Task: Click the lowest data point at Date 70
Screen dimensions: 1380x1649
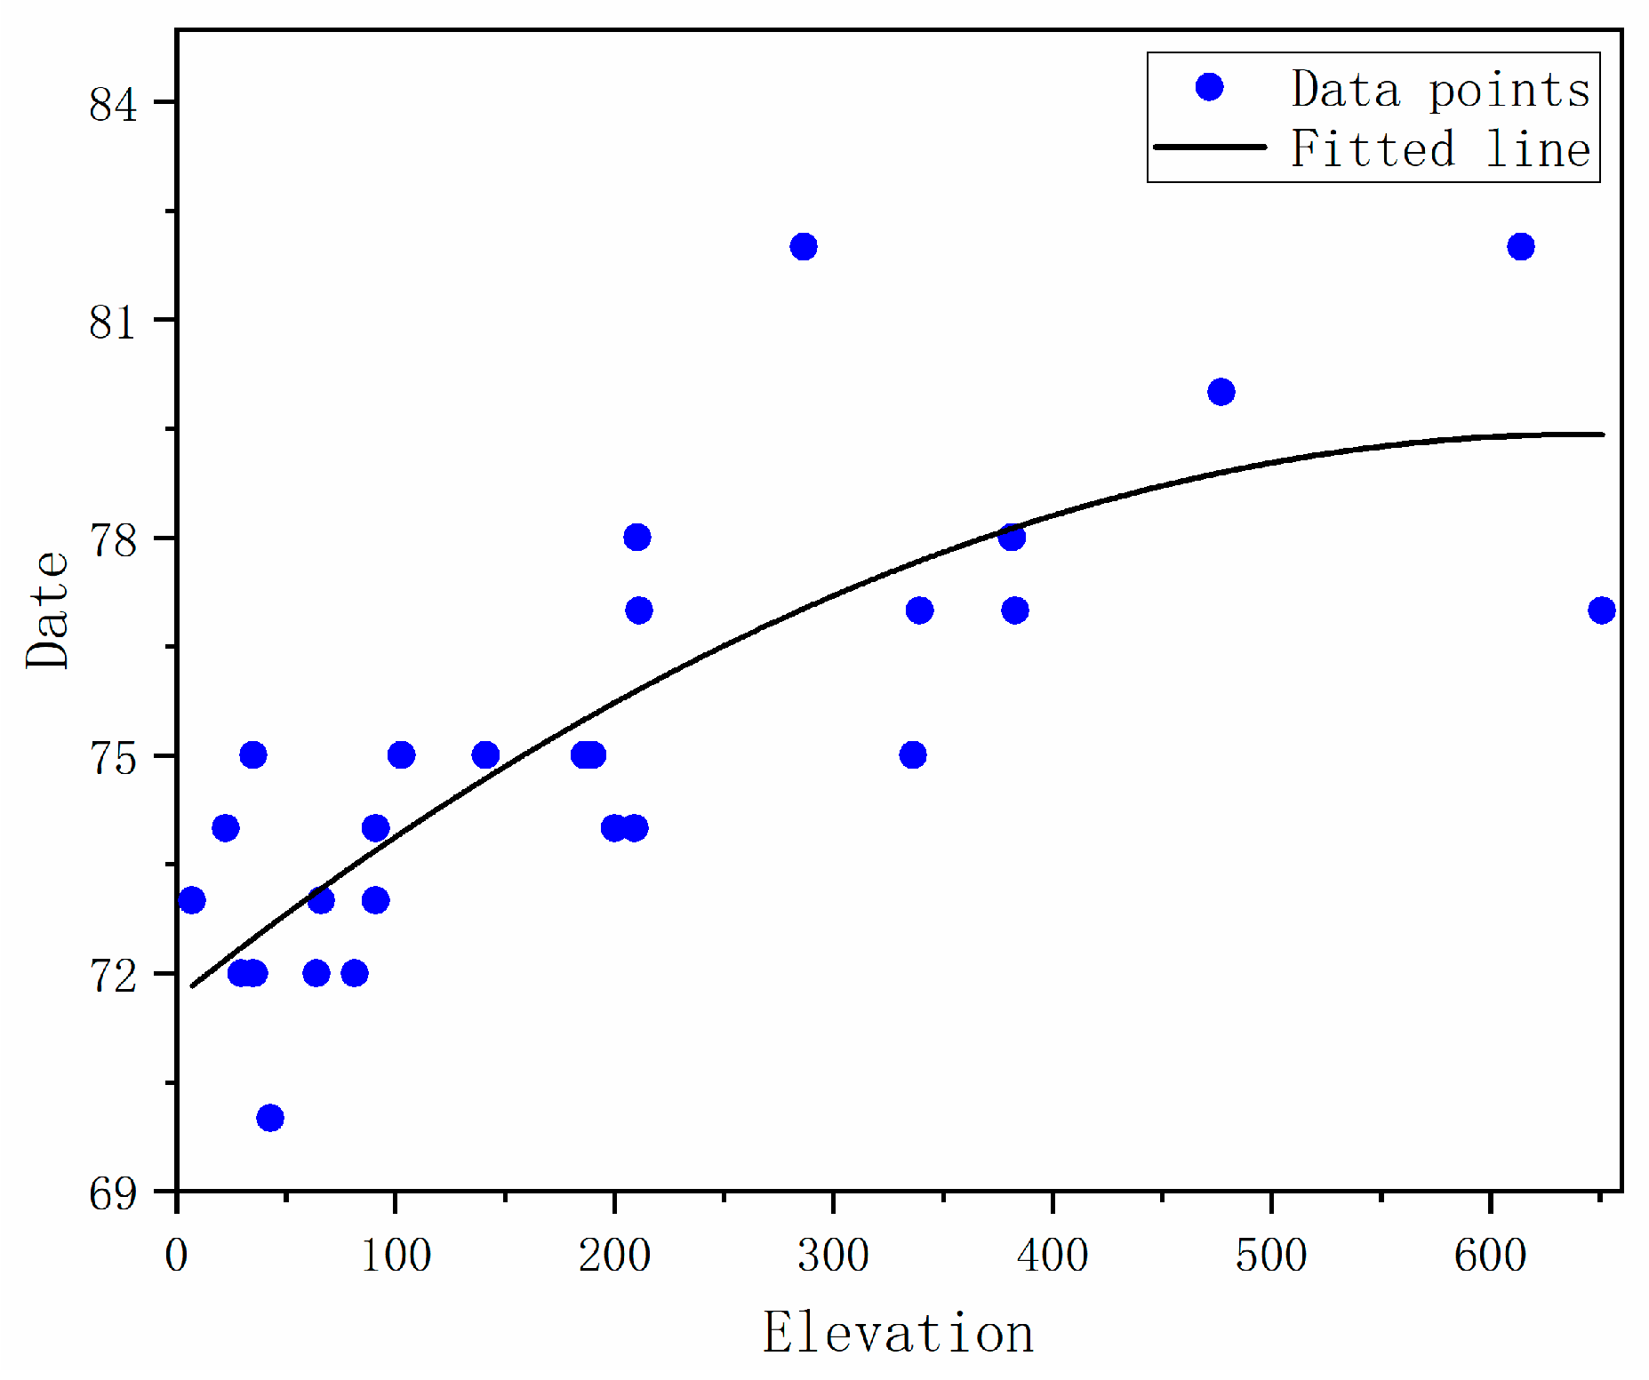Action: (270, 1118)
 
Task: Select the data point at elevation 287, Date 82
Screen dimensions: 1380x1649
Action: (804, 246)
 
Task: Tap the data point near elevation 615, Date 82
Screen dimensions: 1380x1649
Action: (1521, 246)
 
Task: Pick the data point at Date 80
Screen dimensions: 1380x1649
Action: (1221, 392)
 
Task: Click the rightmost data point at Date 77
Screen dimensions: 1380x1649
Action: (1601, 610)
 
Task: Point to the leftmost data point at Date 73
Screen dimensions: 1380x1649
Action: (192, 900)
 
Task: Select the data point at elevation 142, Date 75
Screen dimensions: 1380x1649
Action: (485, 755)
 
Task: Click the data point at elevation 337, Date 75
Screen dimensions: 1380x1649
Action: (913, 755)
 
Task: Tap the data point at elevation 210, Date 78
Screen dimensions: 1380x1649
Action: (637, 537)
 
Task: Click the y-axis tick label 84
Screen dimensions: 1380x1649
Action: (114, 105)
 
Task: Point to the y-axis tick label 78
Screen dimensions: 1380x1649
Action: (114, 540)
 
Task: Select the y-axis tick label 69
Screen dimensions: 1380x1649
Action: (114, 1193)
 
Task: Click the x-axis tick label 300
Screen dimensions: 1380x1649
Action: (833, 1256)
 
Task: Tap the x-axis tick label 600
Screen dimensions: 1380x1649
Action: (1490, 1256)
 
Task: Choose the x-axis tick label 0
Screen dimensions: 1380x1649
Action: (177, 1256)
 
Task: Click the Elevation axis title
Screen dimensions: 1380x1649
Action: (898, 1333)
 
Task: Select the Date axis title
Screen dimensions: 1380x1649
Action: (47, 610)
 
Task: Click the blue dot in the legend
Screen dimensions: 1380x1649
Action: (1209, 87)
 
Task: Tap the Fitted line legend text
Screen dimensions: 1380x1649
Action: (1440, 148)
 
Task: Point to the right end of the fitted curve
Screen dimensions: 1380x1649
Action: (1603, 435)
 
